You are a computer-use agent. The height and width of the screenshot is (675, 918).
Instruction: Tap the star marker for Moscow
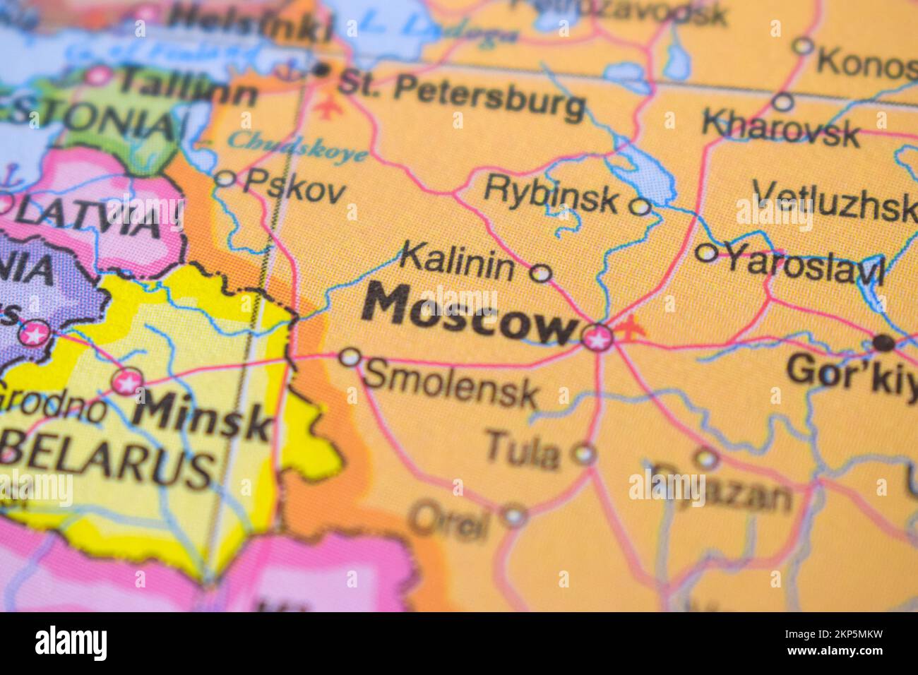click(x=597, y=337)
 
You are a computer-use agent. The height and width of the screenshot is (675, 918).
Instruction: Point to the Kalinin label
click(x=458, y=263)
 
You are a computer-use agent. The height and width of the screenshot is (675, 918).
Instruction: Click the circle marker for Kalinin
click(x=540, y=273)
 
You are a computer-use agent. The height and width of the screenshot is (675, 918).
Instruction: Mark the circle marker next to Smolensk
click(x=350, y=357)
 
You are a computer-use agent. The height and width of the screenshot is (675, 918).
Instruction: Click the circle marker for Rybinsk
click(x=640, y=207)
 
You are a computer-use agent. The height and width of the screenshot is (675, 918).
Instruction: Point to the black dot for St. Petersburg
click(x=321, y=69)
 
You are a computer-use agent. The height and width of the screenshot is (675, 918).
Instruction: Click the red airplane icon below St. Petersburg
click(x=326, y=109)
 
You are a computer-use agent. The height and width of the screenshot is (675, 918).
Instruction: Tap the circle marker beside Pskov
click(x=225, y=179)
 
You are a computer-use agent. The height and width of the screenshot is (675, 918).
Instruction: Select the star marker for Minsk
click(x=127, y=383)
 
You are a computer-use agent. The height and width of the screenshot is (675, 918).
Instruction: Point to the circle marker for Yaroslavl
click(x=706, y=252)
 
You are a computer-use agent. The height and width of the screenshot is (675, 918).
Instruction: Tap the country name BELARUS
click(x=106, y=462)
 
